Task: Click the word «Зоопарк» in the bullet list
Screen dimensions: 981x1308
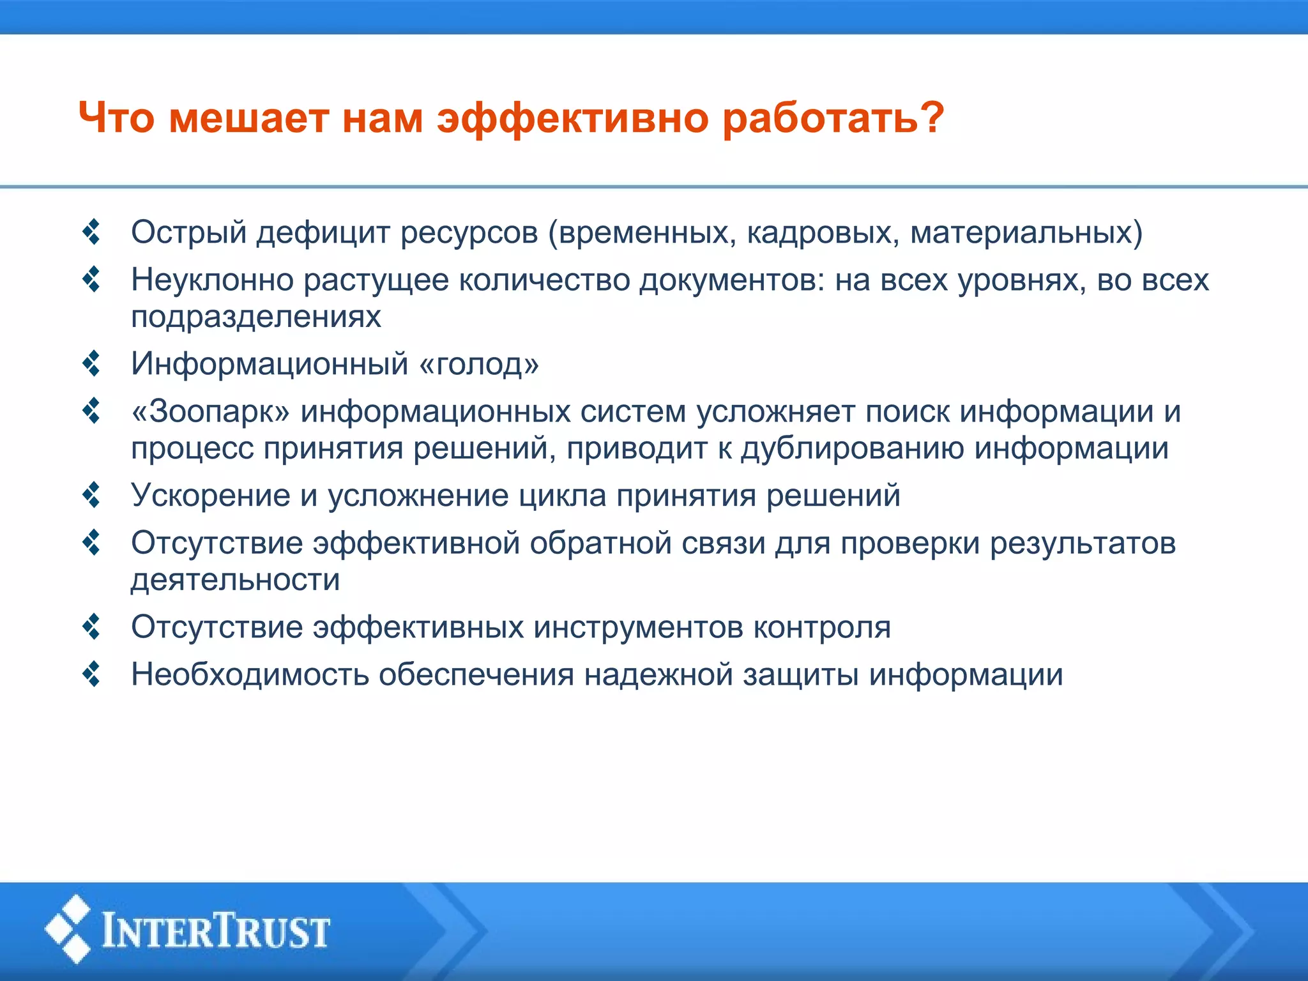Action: point(211,412)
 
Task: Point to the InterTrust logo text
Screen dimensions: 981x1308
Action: point(216,931)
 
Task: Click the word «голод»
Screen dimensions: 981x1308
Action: point(479,364)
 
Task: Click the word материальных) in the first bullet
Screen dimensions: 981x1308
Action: point(1026,232)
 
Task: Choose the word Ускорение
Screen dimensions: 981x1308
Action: point(211,496)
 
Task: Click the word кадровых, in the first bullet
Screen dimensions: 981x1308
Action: point(823,232)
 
